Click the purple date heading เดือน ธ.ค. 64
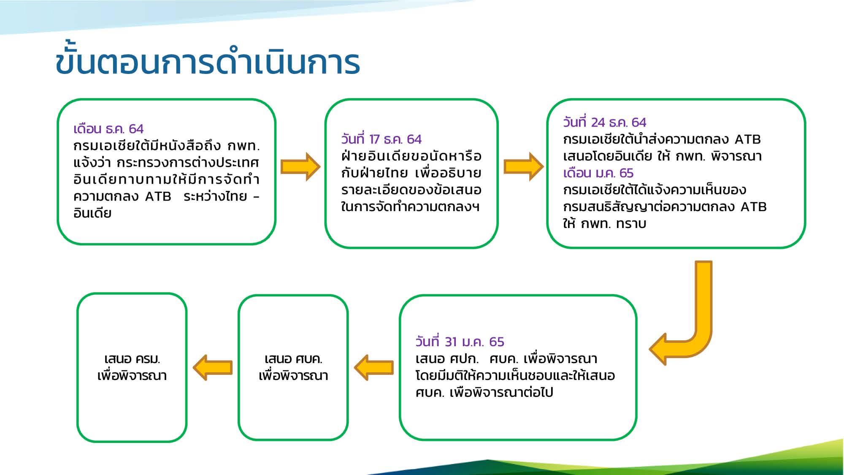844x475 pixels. point(108,128)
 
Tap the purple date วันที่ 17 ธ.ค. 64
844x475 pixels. point(381,139)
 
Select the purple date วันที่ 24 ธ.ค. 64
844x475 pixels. point(605,122)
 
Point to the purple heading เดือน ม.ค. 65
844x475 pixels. point(598,173)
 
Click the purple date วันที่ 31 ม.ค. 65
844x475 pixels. point(460,341)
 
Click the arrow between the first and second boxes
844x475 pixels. point(300,167)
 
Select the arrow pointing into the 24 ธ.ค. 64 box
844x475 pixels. point(524,167)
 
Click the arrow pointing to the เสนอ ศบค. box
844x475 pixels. point(374,367)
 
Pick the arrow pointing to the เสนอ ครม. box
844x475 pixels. point(213,367)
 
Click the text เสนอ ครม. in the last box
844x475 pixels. point(132,359)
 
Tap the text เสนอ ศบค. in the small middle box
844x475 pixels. point(293,359)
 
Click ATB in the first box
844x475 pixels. point(158,196)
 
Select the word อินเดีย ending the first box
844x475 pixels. point(92,213)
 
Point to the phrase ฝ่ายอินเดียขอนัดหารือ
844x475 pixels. point(411,156)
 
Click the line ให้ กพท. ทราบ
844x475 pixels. point(604,223)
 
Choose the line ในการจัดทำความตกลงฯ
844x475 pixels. point(410,206)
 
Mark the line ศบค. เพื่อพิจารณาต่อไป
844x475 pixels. point(484,392)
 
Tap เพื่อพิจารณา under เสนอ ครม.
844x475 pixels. point(132,375)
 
